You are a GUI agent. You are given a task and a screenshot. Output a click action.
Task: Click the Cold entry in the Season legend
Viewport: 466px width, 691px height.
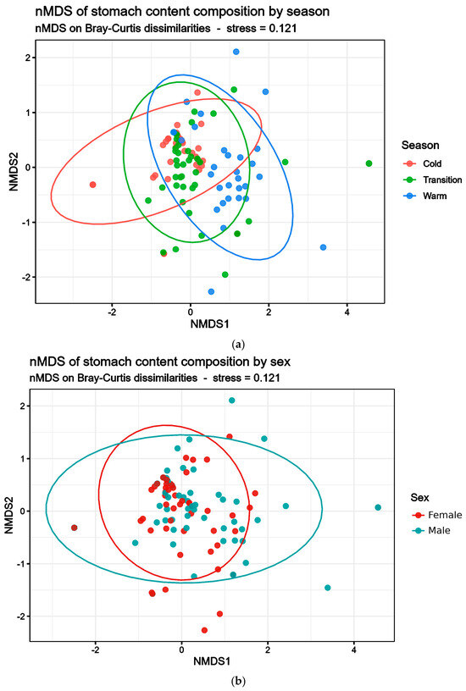[x=422, y=164]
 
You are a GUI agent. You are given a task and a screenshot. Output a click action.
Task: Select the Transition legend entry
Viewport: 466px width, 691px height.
[x=433, y=180]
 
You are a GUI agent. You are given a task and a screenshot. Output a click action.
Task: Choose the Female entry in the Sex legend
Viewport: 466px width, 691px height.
[x=437, y=515]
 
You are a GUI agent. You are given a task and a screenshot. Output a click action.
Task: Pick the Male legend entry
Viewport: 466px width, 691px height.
[x=430, y=531]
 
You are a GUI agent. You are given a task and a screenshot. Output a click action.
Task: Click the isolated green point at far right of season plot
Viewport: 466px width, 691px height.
[x=369, y=163]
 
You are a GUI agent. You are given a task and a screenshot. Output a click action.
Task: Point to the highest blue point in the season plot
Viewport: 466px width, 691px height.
[x=236, y=52]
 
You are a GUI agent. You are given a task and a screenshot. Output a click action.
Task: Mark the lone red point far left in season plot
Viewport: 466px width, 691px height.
[x=92, y=185]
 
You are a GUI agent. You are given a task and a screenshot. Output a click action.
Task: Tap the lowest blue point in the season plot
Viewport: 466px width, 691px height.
[x=211, y=292]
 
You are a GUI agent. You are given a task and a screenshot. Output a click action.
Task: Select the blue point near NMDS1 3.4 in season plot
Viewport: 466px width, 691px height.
[x=323, y=247]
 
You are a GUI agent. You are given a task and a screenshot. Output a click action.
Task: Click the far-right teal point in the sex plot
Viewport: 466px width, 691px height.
[x=378, y=508]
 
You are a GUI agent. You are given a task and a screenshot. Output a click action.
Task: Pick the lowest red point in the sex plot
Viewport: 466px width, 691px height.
[x=204, y=630]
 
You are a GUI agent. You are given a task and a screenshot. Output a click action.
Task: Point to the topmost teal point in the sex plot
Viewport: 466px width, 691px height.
[x=232, y=401]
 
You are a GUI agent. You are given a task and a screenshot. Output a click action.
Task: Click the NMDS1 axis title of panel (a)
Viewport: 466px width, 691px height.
[x=209, y=323]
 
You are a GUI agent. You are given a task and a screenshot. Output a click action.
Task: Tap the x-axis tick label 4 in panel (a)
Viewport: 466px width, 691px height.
[x=347, y=312]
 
